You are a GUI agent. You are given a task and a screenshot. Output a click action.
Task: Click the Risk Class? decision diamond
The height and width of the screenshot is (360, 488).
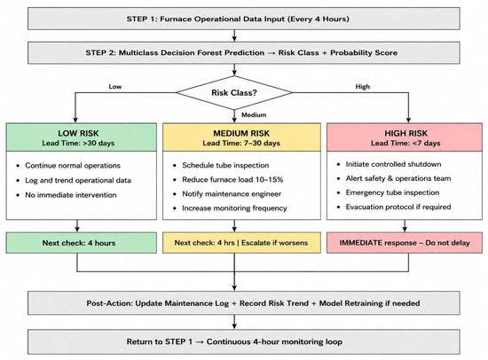(234, 92)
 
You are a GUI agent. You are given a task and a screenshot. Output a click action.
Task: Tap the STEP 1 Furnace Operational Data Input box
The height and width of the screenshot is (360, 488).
(244, 19)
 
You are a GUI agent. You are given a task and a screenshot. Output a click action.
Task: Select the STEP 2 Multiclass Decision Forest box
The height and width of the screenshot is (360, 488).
(244, 52)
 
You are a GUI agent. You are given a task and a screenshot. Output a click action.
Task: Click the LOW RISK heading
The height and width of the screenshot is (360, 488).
(78, 133)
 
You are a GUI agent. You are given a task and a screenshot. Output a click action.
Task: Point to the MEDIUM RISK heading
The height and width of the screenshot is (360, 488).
(241, 133)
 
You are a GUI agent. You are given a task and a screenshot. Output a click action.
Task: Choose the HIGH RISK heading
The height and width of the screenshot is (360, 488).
(405, 133)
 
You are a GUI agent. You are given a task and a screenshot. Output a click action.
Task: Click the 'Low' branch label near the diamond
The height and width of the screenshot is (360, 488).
(114, 87)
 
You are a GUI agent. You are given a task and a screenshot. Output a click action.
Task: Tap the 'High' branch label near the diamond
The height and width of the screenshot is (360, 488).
(363, 87)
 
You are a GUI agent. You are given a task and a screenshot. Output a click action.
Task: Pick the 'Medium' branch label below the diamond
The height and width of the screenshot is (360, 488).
(254, 114)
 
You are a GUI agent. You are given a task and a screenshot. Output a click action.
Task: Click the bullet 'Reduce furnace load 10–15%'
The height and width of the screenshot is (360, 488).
(232, 179)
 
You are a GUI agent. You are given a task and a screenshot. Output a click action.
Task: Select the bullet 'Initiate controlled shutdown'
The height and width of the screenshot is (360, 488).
(393, 164)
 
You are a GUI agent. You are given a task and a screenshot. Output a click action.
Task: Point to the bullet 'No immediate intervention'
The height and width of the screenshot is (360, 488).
(71, 195)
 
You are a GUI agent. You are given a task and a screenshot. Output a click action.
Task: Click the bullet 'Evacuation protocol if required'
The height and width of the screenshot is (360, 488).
(398, 207)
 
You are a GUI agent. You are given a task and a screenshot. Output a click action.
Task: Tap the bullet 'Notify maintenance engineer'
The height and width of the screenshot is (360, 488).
(232, 194)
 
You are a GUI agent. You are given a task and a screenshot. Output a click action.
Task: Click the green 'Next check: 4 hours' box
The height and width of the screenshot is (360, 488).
(82, 243)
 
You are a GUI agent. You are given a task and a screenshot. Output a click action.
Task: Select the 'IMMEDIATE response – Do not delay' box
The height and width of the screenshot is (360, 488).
(405, 243)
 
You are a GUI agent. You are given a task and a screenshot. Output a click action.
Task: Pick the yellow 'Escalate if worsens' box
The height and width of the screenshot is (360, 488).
(241, 243)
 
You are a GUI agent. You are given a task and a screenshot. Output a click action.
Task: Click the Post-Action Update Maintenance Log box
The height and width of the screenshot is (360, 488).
(244, 303)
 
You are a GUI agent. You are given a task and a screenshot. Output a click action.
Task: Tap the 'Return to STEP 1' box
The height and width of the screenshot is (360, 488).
(244, 341)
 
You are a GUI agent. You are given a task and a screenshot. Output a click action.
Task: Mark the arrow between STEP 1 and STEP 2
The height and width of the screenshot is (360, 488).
(234, 35)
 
